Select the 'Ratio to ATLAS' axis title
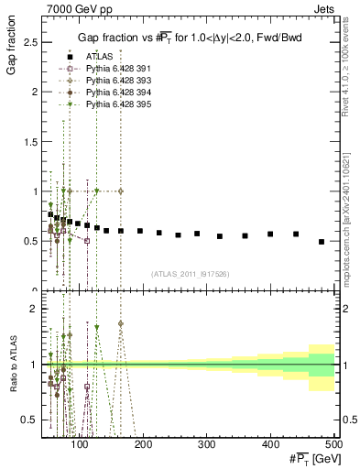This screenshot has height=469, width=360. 13,365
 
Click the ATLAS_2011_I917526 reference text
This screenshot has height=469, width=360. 190,274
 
